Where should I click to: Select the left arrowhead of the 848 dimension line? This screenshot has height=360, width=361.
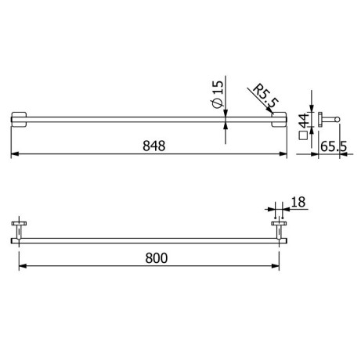[13, 154]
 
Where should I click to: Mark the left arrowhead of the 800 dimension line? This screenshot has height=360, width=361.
[21, 266]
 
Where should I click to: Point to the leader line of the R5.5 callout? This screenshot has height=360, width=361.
[269, 108]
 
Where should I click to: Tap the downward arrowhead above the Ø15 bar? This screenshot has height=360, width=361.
[227, 110]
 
